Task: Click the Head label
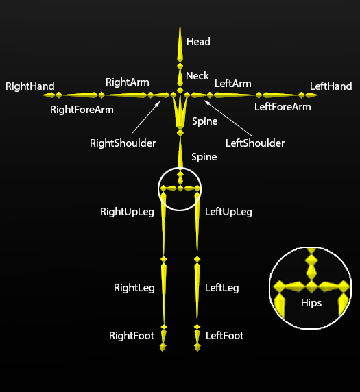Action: pyautogui.click(x=198, y=42)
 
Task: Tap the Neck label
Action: pyautogui.click(x=197, y=76)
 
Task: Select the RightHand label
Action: pyautogui.click(x=30, y=86)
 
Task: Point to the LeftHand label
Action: pyautogui.click(x=331, y=86)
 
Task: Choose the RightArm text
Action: pyautogui.click(x=128, y=82)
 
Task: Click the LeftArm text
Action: pyautogui.click(x=233, y=84)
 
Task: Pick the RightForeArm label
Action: pyautogui.click(x=82, y=110)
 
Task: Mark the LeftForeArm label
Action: pyautogui.click(x=283, y=107)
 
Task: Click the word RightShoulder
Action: pyautogui.click(x=123, y=143)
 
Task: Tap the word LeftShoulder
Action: pyautogui.click(x=255, y=143)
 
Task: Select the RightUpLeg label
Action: pyautogui.click(x=127, y=212)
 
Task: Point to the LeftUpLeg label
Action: pyautogui.click(x=228, y=212)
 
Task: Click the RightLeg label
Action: pyautogui.click(x=134, y=288)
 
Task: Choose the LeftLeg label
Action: pyautogui.click(x=222, y=288)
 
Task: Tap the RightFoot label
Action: pyautogui.click(x=132, y=336)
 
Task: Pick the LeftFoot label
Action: pyautogui.click(x=225, y=336)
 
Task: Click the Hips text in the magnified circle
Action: pyautogui.click(x=311, y=303)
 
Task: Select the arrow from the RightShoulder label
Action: pyautogui.click(x=146, y=117)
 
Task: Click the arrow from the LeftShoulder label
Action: pyautogui.click(x=228, y=119)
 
